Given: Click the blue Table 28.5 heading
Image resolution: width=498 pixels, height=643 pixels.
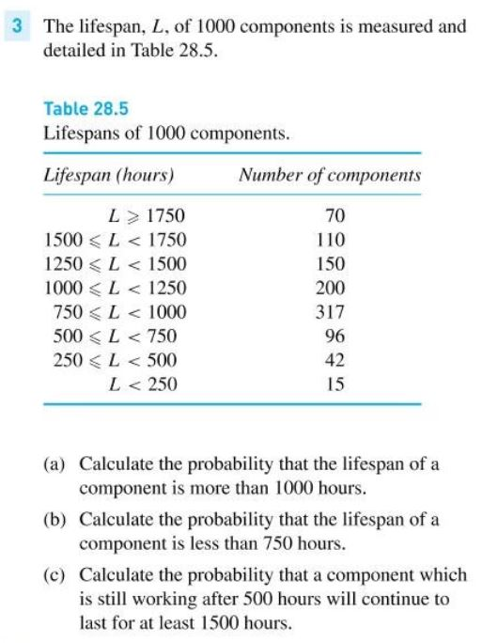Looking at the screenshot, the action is [86, 109].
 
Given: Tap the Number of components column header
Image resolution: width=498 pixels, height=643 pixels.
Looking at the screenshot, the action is [317, 176].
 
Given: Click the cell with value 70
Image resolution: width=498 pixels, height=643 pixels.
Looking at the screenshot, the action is [335, 215].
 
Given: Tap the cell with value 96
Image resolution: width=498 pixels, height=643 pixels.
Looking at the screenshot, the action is [335, 336].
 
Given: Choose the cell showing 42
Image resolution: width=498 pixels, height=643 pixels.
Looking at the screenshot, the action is [335, 360].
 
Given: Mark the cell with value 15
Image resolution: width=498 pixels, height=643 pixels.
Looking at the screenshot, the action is [335, 384].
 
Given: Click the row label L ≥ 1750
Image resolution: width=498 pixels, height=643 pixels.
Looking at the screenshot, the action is [147, 215].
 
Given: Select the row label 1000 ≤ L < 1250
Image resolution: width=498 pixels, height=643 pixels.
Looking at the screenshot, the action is [115, 288].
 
